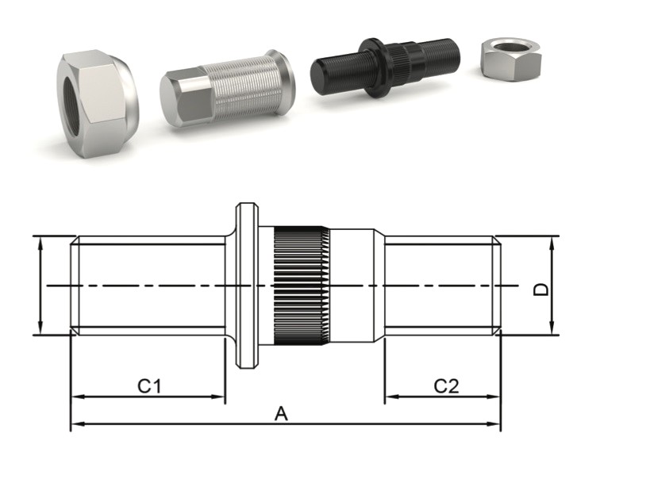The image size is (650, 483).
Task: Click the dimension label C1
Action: click(149, 386)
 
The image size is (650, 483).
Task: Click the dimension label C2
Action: click(446, 386)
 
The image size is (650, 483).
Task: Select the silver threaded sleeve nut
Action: click(227, 89)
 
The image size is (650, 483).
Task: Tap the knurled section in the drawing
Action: click(302, 286)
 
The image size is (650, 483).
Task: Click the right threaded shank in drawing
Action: click(440, 286)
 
